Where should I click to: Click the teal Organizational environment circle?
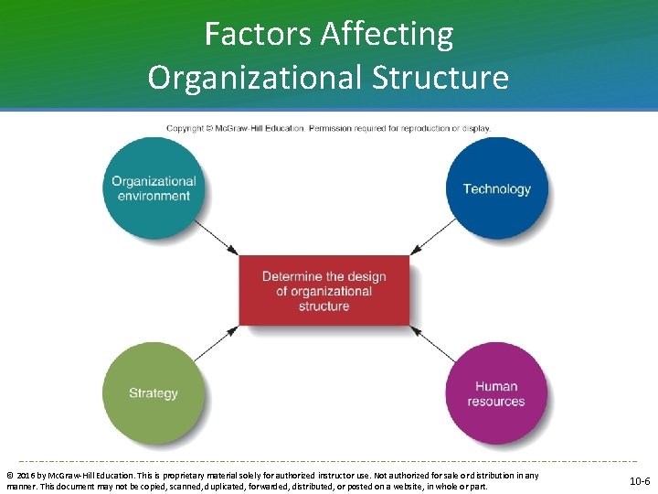[x=154, y=188]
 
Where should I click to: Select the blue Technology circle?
[x=496, y=188]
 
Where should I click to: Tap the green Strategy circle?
[x=154, y=393]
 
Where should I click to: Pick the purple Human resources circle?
[x=496, y=393]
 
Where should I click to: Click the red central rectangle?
[x=324, y=291]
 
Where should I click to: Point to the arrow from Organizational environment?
[x=218, y=237]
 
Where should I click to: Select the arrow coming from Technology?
[x=430, y=237]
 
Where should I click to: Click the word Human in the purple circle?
[x=496, y=386]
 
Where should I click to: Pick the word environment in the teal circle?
[x=154, y=196]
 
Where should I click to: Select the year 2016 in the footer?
[x=25, y=476]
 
